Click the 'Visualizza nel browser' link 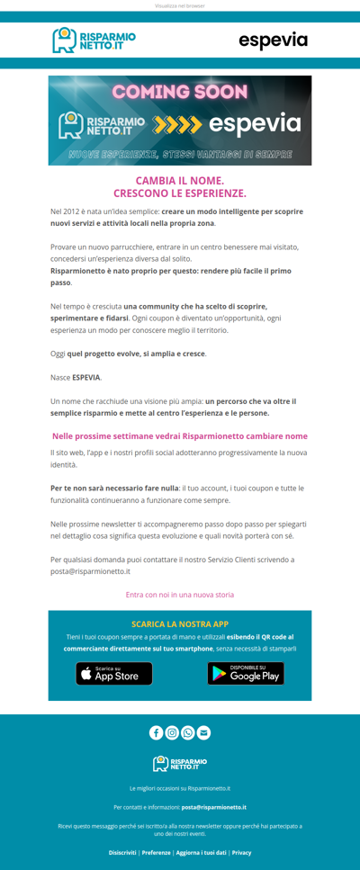click(x=180, y=5)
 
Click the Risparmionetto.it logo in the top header click(x=94, y=40)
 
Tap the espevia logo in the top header click(x=273, y=40)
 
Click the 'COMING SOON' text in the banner click(x=180, y=92)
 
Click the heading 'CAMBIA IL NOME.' click(x=180, y=180)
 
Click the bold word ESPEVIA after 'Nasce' click(x=86, y=377)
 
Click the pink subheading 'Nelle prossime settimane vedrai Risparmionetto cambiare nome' click(x=180, y=435)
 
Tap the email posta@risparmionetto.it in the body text click(x=90, y=571)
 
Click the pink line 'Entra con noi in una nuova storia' click(x=180, y=595)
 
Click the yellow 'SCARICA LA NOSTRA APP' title click(x=180, y=623)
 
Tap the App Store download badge click(x=114, y=673)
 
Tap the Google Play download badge click(x=246, y=673)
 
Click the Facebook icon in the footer click(x=157, y=732)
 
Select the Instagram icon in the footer click(x=172, y=732)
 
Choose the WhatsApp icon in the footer click(x=188, y=732)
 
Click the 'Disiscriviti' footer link click(x=122, y=852)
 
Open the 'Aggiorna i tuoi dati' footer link click(x=202, y=852)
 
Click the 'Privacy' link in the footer click(x=242, y=852)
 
